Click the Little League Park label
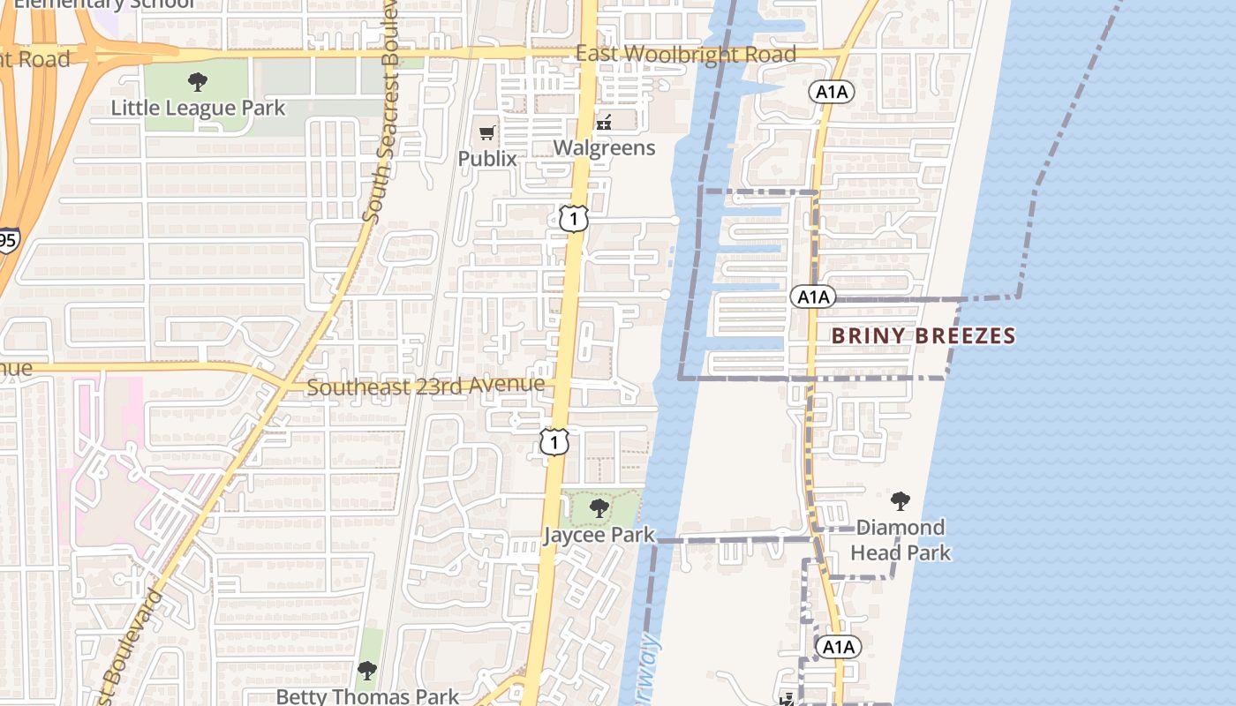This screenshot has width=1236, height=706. pos(198,109)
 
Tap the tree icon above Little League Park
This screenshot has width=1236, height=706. pos(198,83)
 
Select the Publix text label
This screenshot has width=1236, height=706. pos(486,158)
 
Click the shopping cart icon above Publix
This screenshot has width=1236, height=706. pos(486,133)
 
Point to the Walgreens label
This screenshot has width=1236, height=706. pos(605,147)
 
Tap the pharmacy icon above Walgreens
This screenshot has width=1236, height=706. pos(605,122)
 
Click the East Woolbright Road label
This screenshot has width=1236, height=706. pos(686,54)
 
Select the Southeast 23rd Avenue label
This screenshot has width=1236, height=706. pos(426,387)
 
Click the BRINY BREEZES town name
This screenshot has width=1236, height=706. pos(923,336)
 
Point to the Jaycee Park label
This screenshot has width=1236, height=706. pos(599,535)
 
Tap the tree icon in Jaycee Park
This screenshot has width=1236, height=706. pos(599,508)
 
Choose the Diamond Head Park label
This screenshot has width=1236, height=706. pos(901,540)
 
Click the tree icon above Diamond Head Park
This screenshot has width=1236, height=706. pos(901,502)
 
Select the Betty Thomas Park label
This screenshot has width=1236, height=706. pos(367,696)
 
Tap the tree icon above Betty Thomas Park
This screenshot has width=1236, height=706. pos(367,671)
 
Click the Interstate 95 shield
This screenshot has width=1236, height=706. pos(7,240)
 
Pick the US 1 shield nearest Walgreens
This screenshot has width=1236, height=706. pos(574,218)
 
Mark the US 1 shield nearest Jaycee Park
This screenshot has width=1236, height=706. pos(554,441)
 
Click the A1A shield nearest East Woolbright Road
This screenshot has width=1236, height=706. pos(830,91)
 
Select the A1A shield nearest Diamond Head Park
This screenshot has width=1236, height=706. pos(837,647)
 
